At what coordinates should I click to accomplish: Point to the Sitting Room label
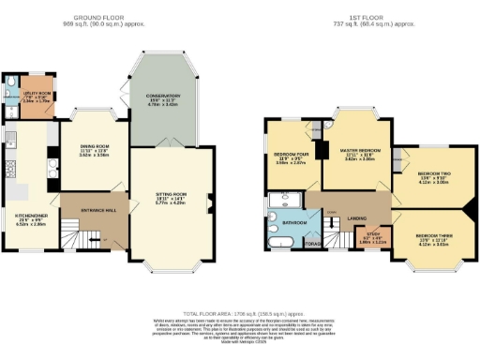172,195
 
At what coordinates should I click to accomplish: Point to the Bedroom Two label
432,174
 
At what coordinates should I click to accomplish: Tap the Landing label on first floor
356,217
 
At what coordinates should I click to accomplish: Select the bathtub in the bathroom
279,241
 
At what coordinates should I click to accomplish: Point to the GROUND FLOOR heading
104,14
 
